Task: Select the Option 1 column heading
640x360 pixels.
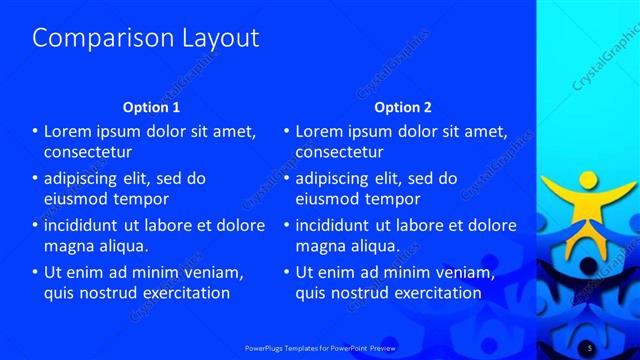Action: [x=151, y=107]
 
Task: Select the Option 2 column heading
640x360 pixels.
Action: [x=403, y=107]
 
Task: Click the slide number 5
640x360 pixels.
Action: [x=590, y=346]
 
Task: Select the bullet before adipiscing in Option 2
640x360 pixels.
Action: [x=286, y=179]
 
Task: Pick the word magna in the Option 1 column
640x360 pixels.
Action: [x=69, y=245]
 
